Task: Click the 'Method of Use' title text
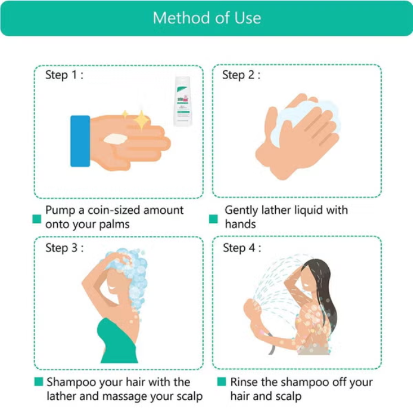[207, 18]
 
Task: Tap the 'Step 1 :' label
[64, 74]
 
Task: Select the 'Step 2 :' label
[241, 74]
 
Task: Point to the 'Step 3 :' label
[64, 248]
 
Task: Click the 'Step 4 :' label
[242, 248]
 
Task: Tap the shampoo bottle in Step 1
[183, 101]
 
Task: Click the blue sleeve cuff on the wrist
[80, 141]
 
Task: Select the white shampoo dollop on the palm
[116, 139]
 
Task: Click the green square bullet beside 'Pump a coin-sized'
[37, 219]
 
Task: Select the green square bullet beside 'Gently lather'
[213, 219]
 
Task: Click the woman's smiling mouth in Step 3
[112, 288]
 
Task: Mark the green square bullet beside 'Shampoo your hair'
[39, 382]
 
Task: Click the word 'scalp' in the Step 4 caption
[288, 396]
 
